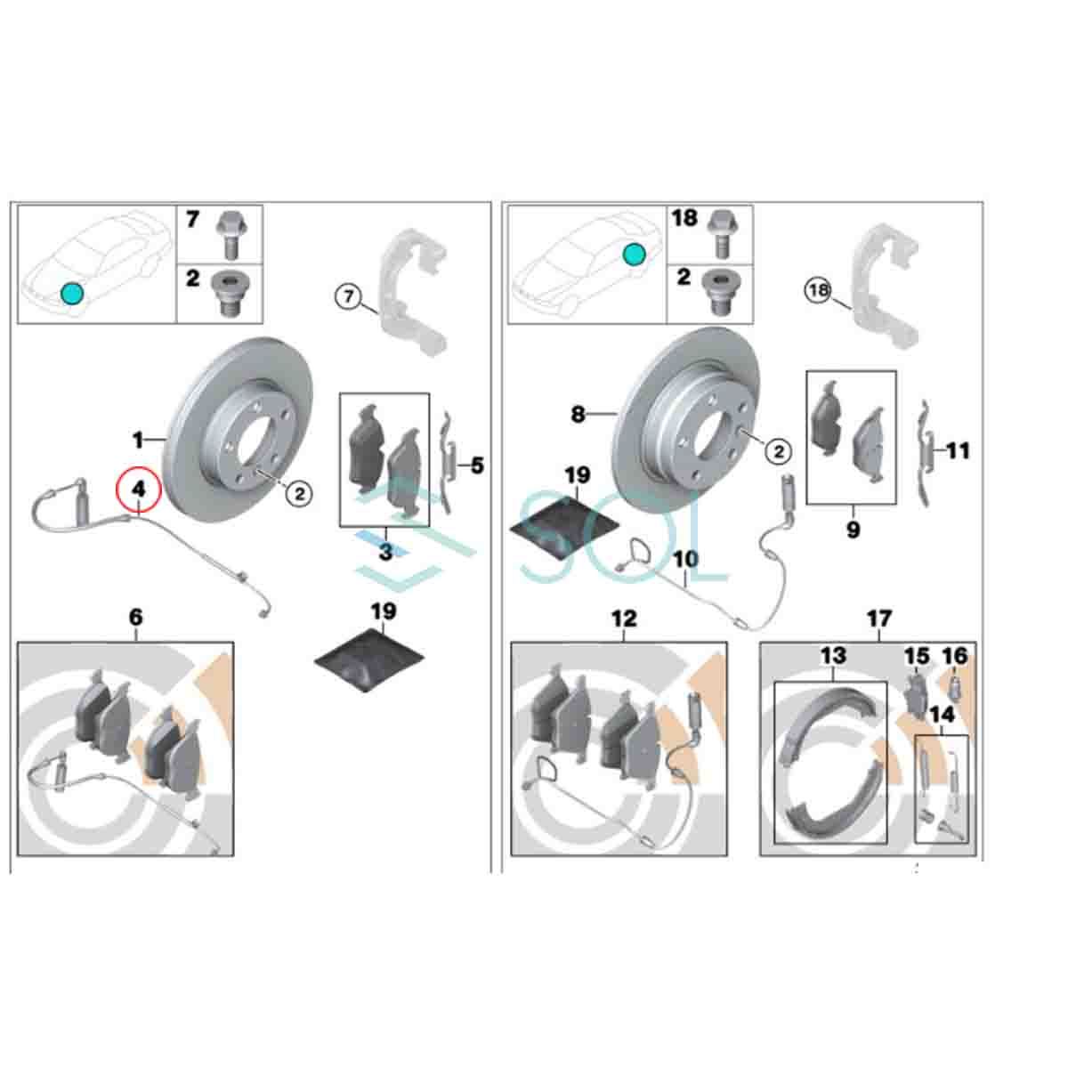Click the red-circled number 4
[138, 489]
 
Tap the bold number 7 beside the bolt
[191, 220]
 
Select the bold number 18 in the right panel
[684, 218]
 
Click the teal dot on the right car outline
[634, 255]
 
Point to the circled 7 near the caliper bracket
[348, 296]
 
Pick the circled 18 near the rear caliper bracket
[819, 290]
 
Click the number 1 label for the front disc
[137, 441]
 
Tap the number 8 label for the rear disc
[578, 414]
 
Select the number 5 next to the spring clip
[477, 465]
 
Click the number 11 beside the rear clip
[959, 450]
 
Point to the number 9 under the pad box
[853, 530]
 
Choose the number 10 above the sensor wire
[685, 559]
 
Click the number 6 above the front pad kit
[136, 617]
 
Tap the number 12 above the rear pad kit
[624, 619]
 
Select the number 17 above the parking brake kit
[879, 619]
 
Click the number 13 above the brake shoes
[833, 656]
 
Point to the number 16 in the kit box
[954, 656]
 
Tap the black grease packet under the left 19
[369, 661]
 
